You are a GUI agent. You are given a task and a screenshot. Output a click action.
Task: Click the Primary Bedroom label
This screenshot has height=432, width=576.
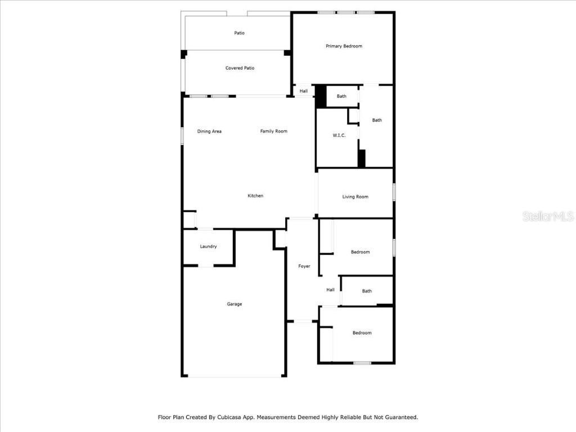point(344,46)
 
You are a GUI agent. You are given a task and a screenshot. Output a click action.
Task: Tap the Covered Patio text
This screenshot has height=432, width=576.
point(240,68)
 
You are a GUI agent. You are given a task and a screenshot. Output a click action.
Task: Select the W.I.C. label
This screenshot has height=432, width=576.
point(339,135)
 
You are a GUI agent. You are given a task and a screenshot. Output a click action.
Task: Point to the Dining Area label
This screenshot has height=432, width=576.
point(209,132)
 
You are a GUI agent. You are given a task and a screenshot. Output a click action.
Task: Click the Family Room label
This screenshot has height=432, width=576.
point(273,132)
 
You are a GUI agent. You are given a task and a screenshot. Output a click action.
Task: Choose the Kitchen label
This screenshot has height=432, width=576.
point(255,196)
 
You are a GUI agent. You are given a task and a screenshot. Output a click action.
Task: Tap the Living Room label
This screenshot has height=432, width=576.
point(355,197)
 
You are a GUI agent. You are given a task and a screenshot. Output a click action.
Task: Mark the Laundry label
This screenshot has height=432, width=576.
point(208,246)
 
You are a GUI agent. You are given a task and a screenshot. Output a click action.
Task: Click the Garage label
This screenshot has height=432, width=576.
point(235,304)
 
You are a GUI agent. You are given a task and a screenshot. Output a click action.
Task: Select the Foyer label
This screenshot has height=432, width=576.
point(304,266)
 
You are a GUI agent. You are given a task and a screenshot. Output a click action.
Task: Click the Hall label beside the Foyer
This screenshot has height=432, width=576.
point(330,290)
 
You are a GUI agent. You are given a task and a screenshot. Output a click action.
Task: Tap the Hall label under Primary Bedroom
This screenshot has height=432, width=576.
point(303,91)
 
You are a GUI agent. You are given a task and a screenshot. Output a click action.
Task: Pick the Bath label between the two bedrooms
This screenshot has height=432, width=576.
point(367,291)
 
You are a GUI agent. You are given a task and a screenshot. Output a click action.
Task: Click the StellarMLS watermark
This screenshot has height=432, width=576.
point(547,217)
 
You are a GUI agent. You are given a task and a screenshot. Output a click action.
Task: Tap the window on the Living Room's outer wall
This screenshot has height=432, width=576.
point(394,192)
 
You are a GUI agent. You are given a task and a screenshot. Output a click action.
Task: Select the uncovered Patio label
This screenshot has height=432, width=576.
point(240,33)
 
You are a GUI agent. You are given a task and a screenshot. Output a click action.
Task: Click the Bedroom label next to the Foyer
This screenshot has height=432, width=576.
point(360,252)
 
